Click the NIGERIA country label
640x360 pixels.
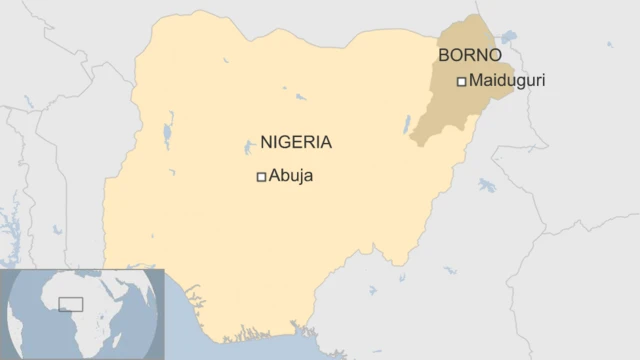[296, 143]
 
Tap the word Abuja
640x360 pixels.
[291, 176]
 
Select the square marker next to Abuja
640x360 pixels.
[261, 177]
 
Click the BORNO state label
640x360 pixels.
[470, 55]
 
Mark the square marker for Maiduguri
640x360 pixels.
[461, 82]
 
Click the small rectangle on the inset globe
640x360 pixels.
[70, 304]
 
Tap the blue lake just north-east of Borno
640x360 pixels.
[509, 37]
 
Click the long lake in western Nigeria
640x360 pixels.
[169, 129]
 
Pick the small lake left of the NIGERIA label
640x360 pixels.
[247, 148]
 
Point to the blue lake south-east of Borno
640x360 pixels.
[487, 185]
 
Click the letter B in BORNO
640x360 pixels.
[444, 55]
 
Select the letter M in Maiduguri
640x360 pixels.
[475, 81]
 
